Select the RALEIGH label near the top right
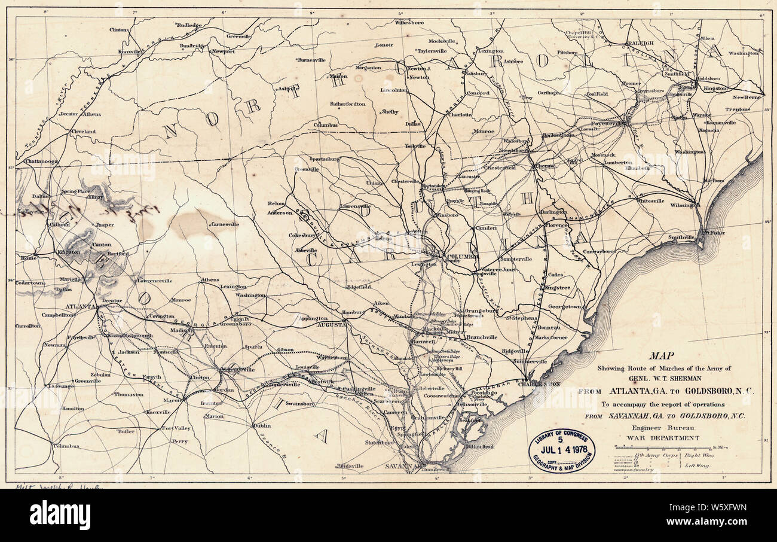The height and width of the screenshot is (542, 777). point(641,44)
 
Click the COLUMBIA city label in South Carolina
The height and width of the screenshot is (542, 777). point(463,256)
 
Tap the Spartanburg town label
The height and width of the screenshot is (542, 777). point(325,159)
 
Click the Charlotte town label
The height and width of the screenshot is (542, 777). point(460,114)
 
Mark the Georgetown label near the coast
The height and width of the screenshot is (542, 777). point(564,306)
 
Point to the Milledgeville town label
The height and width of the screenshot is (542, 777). point(238,370)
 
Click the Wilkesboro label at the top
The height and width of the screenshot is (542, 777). point(409,23)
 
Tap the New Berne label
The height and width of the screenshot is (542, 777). point(747,97)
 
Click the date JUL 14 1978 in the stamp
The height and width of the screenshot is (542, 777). point(561,449)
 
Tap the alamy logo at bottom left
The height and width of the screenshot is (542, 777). point(60,515)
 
